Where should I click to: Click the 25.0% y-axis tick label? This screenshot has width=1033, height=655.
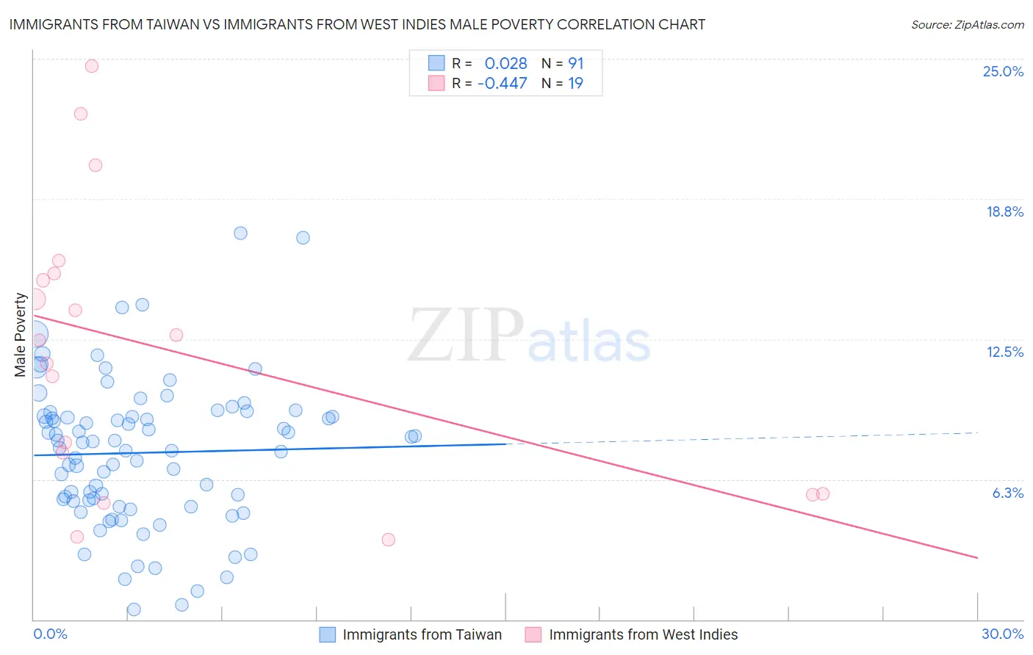click(1003, 71)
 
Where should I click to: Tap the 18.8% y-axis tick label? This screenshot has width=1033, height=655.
click(1004, 211)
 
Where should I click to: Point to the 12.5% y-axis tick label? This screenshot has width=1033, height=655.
click(1004, 352)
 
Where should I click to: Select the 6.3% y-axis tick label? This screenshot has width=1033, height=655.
click(1007, 493)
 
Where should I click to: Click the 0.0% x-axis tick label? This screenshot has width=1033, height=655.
click(50, 634)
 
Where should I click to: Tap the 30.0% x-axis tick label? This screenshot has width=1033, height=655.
click(1002, 634)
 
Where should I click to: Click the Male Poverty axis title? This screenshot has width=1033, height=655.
click(21, 335)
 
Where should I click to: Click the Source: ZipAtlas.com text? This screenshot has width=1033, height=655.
click(967, 25)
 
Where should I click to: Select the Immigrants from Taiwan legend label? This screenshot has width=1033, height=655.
click(422, 634)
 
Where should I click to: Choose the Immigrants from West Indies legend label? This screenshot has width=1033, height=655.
click(643, 634)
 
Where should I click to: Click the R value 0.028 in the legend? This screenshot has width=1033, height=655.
click(505, 64)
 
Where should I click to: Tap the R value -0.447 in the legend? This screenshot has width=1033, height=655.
click(502, 84)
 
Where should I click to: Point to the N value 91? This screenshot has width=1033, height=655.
click(575, 64)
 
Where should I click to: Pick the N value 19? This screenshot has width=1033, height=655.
click(575, 84)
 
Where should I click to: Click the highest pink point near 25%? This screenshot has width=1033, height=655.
click(92, 66)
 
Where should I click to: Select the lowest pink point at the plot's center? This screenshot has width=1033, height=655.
click(389, 540)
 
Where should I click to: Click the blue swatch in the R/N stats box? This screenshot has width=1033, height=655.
click(436, 63)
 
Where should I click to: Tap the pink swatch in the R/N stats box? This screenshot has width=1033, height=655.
click(436, 83)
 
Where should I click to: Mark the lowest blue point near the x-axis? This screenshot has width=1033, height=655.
click(134, 609)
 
